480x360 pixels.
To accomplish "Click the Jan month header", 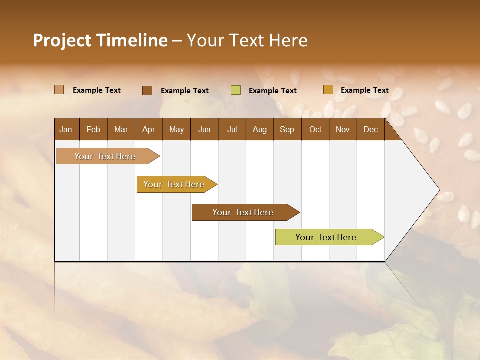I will coord(66,129).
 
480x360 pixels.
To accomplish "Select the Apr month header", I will coord(148,129).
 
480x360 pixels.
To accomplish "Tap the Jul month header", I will coord(232,129).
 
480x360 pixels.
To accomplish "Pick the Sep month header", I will coord(287,129).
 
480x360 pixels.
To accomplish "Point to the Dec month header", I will coord(370,129).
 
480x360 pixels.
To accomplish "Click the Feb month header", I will coord(93,129).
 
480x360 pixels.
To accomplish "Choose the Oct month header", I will coord(315,129).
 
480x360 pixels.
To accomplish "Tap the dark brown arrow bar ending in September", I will coord(243,212).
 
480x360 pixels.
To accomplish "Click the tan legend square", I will coord(59,90).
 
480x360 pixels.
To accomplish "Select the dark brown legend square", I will coord(147,90).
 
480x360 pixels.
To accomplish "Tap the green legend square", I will coord(236,90).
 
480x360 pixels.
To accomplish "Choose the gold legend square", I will coord(328,90).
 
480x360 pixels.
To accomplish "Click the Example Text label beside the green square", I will coord(272,91).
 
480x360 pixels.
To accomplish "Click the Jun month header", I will coord(204,129).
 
